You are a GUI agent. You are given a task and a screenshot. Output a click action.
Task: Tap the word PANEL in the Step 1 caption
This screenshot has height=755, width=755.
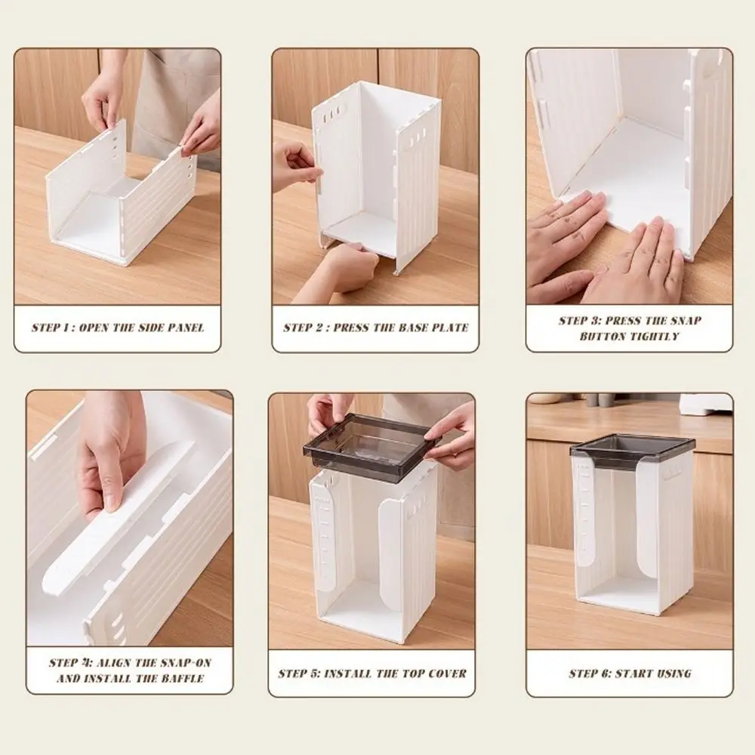pos(186,328)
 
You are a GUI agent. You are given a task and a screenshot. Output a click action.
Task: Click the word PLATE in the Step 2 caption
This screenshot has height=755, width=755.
pos(450,328)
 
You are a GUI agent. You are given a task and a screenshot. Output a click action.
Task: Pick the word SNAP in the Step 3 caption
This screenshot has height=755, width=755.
pos(686,321)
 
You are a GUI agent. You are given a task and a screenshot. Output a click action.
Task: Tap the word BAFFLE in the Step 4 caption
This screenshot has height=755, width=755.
pos(184,679)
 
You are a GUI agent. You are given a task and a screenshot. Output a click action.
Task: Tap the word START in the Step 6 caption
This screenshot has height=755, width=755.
pos(630,673)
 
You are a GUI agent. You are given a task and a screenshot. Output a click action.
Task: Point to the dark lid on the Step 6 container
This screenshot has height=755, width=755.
pos(632,452)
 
